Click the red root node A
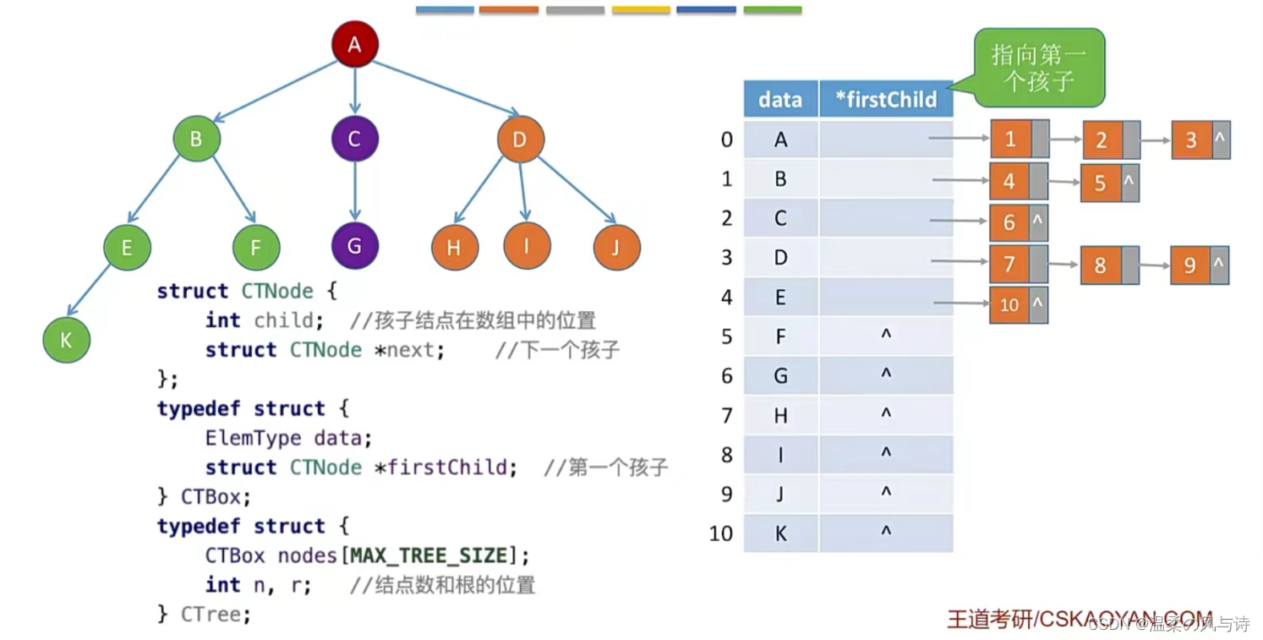click(354, 45)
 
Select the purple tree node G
click(354, 246)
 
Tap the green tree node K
click(67, 340)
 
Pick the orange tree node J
click(616, 247)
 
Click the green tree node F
click(256, 248)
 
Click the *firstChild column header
click(886, 100)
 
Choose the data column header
click(780, 100)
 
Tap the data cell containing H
click(780, 415)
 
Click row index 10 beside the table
click(721, 533)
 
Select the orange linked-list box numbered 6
click(1009, 222)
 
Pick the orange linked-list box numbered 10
click(1009, 304)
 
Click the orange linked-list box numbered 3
click(1191, 139)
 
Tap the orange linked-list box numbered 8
click(1100, 265)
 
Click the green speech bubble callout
click(1039, 68)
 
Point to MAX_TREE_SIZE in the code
click(429, 555)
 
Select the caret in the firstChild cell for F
click(886, 336)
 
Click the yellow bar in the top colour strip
click(641, 10)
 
